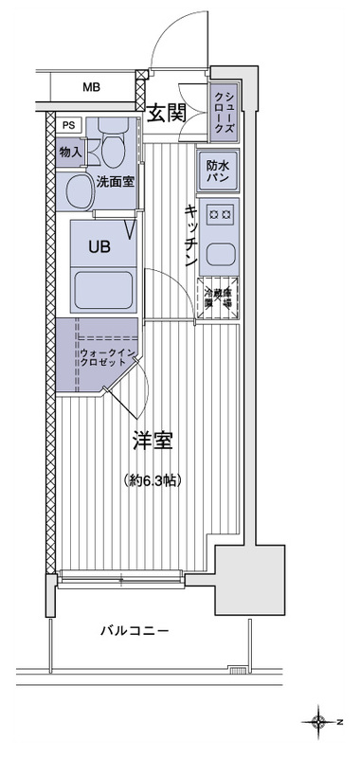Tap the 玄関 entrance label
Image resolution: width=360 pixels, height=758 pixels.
(168, 113)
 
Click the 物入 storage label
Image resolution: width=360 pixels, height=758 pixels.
(70, 151)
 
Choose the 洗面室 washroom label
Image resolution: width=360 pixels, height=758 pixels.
(112, 181)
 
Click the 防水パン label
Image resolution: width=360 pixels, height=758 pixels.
(216, 170)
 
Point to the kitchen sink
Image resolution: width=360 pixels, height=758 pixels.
(220, 253)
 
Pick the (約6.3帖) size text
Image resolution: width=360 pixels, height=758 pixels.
(153, 480)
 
